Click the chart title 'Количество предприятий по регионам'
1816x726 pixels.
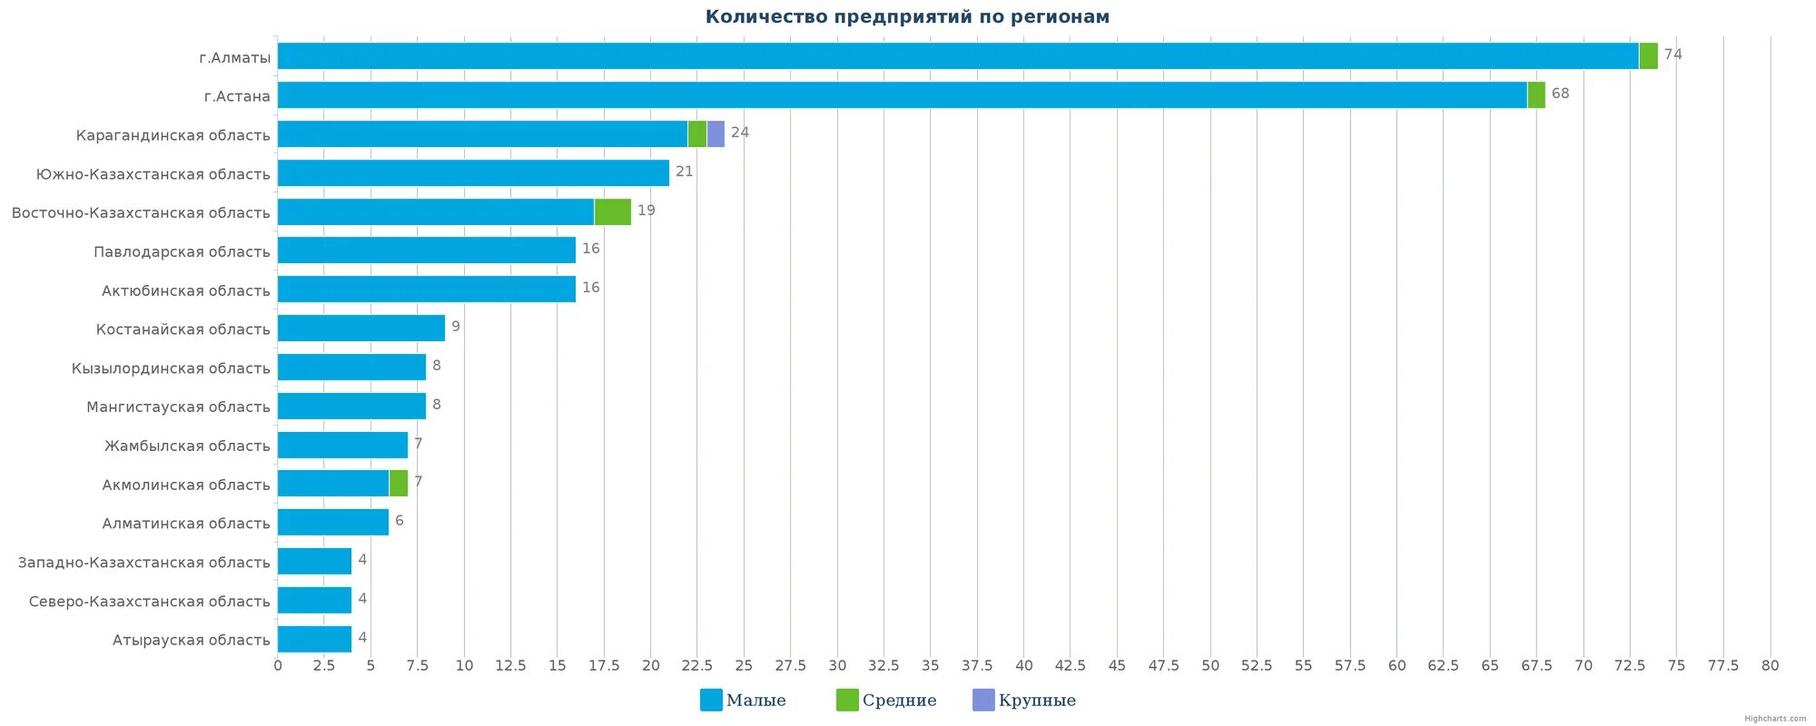907,17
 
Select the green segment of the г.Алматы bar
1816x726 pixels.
1648,56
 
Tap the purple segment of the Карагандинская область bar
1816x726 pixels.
716,134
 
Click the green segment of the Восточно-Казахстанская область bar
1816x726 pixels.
612,212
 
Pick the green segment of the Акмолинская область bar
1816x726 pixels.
398,484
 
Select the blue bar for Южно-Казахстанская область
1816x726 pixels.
472,173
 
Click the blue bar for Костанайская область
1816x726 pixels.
360,329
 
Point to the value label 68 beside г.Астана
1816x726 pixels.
1560,93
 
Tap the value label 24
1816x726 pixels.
740,132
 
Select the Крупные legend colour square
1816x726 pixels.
983,700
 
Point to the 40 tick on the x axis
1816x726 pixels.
1023,665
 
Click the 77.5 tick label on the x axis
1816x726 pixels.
1722,665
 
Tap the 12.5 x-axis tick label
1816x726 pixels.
510,665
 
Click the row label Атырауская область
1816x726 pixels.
191,640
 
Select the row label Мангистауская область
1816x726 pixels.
178,407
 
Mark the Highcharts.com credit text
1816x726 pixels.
1775,719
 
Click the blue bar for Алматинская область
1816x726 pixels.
332,523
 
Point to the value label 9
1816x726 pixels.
456,327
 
